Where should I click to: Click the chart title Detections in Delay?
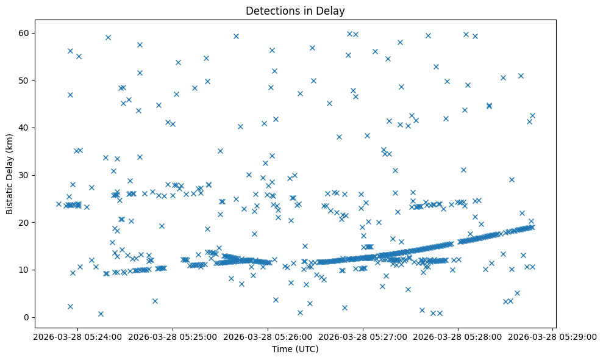295,10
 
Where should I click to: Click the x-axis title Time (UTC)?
295,350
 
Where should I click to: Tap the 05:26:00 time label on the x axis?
266,336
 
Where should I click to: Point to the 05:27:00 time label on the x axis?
363,336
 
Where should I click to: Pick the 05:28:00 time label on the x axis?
458,336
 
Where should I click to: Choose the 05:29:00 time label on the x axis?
554,336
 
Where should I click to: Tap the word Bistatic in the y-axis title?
10,197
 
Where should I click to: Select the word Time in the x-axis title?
282,350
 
